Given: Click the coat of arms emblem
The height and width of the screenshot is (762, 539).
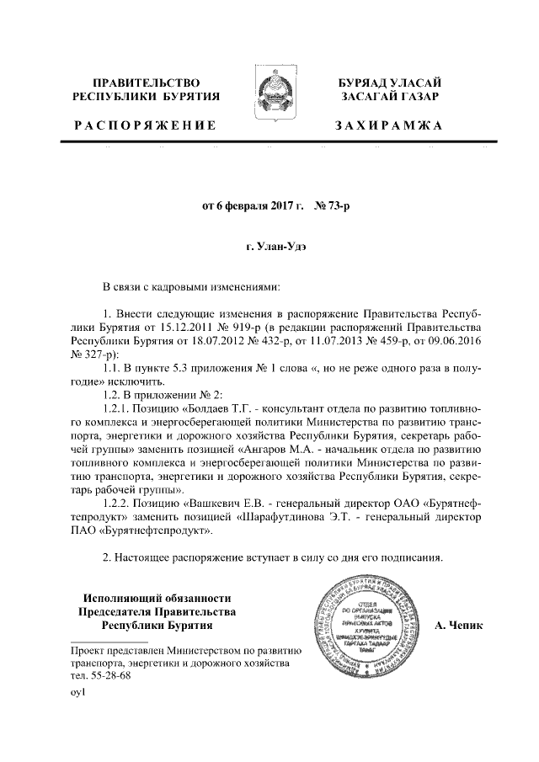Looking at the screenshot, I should pyautogui.click(x=269, y=93).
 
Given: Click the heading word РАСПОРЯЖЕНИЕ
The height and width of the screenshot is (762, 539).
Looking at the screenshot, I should pyautogui.click(x=145, y=125).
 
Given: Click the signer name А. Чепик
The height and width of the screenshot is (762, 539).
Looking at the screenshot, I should pyautogui.click(x=462, y=627).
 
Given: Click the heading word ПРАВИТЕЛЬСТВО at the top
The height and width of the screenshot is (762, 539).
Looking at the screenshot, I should pyautogui.click(x=146, y=83).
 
